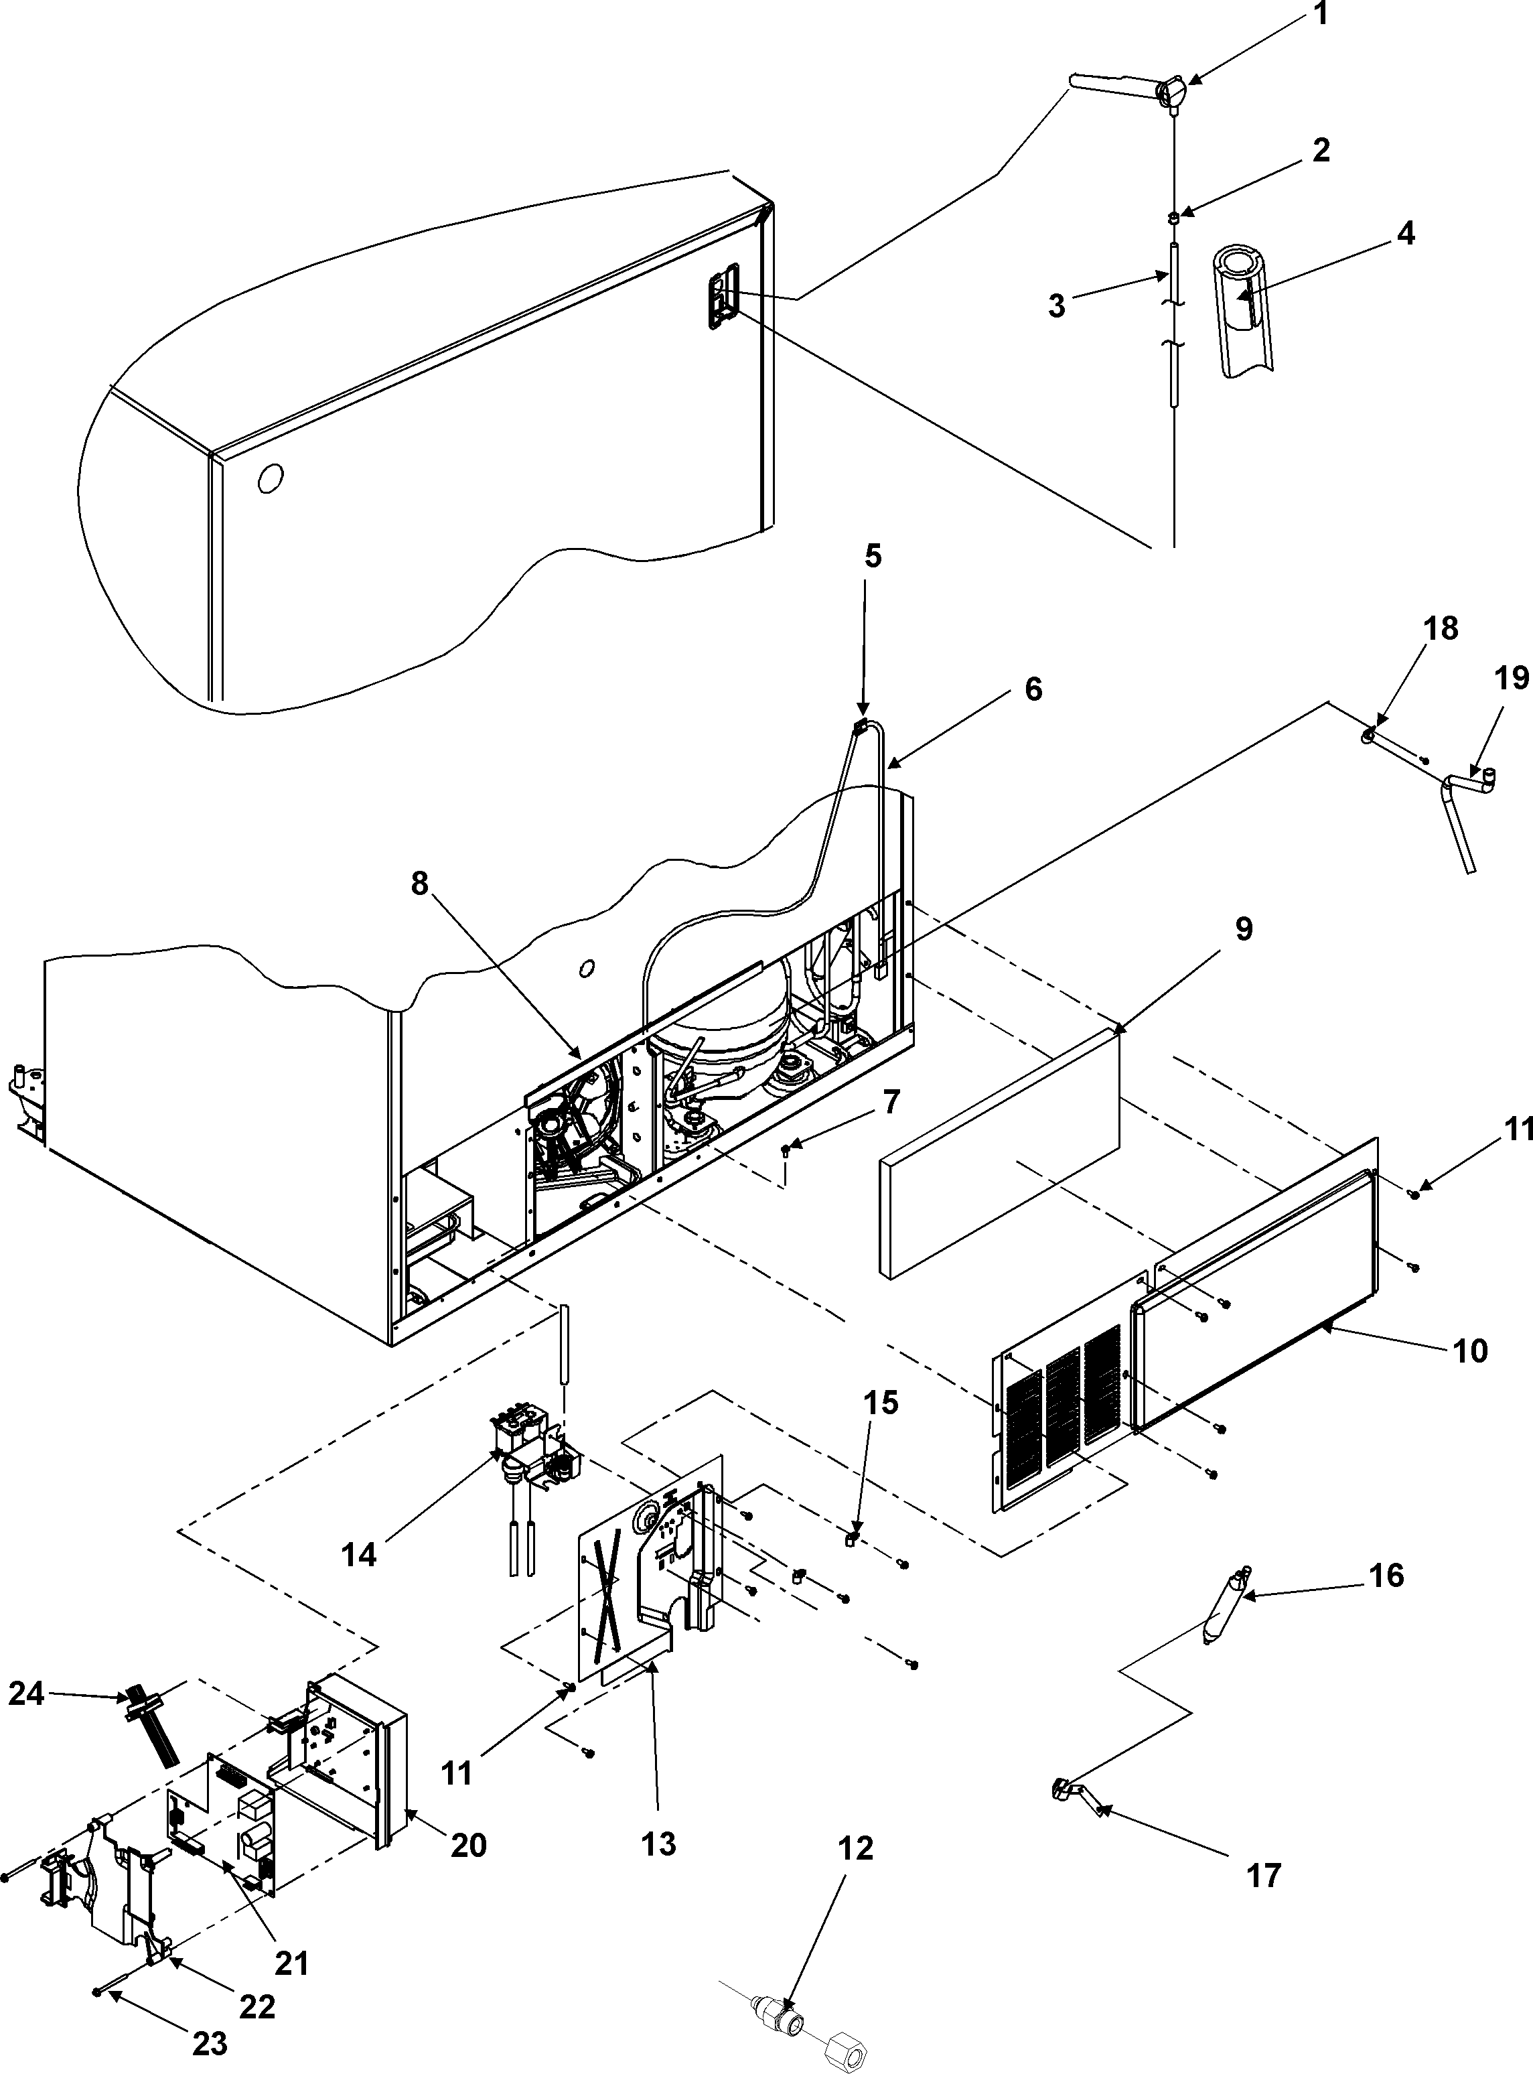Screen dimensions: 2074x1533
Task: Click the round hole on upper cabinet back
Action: tap(270, 479)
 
